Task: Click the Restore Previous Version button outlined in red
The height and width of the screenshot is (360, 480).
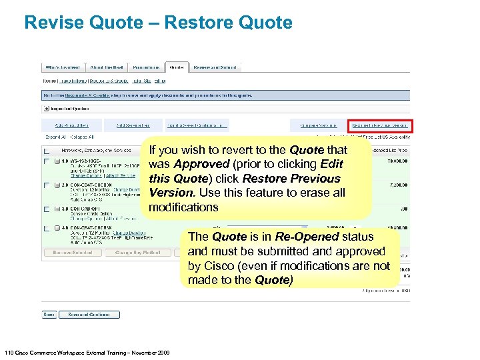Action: click(380, 125)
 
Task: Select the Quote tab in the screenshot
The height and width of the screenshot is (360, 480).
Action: click(177, 67)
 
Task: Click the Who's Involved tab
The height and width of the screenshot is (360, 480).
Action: click(62, 67)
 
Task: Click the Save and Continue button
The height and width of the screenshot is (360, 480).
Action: click(89, 315)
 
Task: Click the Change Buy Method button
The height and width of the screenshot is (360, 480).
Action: click(137, 253)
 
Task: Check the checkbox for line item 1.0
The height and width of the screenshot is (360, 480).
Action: click(46, 162)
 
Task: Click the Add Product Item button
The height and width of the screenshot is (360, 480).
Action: click(73, 125)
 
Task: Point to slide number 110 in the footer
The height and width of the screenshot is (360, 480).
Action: click(9, 352)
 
